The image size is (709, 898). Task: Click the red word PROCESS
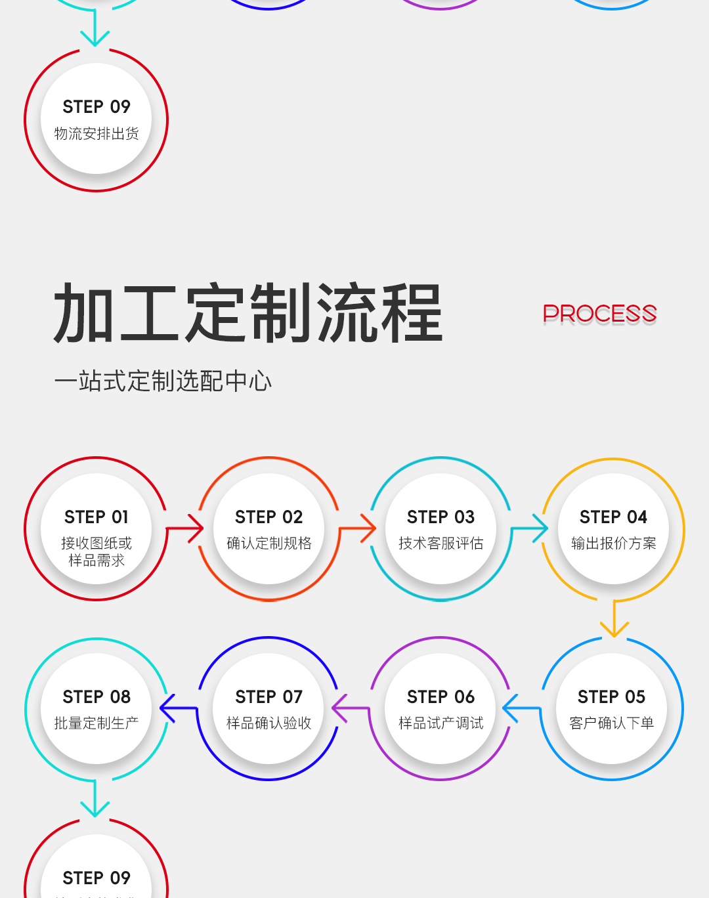(x=599, y=314)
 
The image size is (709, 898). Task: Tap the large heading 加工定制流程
(x=248, y=314)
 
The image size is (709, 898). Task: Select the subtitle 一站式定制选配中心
(x=163, y=381)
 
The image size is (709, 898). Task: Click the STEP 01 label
(x=97, y=517)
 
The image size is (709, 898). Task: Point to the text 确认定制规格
(x=269, y=544)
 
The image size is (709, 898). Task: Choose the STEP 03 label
(x=440, y=517)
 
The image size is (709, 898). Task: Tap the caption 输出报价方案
(x=613, y=544)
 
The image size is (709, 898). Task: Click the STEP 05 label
(x=611, y=696)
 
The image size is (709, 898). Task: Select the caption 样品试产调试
(x=440, y=723)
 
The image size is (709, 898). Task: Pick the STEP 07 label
(x=269, y=696)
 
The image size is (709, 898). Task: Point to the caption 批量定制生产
(x=97, y=723)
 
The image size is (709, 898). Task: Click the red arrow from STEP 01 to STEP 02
(x=187, y=528)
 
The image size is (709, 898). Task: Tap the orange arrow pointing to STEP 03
(x=360, y=528)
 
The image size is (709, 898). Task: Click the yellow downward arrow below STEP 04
(x=614, y=620)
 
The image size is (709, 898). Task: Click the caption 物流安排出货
(x=97, y=134)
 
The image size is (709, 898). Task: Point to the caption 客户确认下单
(x=611, y=723)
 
